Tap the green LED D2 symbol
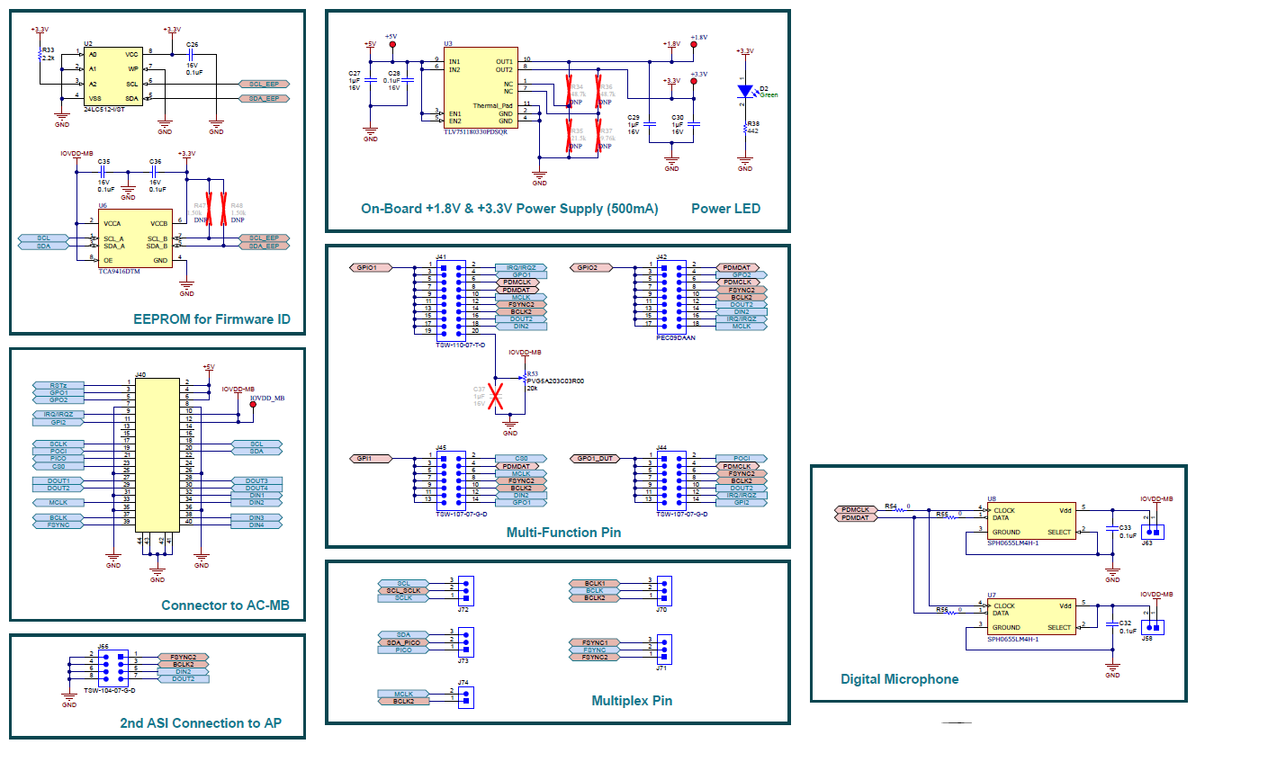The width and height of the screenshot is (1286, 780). point(745,91)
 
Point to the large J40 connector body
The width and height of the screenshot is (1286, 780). point(157,454)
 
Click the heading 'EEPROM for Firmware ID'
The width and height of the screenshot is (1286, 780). point(211,319)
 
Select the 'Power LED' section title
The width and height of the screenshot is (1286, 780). point(725,209)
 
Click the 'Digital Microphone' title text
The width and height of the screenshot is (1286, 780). point(899,679)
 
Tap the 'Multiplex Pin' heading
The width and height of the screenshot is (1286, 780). point(632,701)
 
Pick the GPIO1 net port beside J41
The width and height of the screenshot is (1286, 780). point(371,267)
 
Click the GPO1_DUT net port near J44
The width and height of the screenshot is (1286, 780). point(594,459)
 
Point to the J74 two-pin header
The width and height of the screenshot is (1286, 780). point(465,697)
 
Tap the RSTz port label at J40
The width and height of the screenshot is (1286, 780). point(58,385)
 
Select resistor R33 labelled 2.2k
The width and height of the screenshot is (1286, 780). point(40,55)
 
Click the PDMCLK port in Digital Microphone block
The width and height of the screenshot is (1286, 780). point(855,510)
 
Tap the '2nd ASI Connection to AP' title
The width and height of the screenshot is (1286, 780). point(200,723)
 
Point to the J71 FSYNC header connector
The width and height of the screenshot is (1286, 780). point(664,650)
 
